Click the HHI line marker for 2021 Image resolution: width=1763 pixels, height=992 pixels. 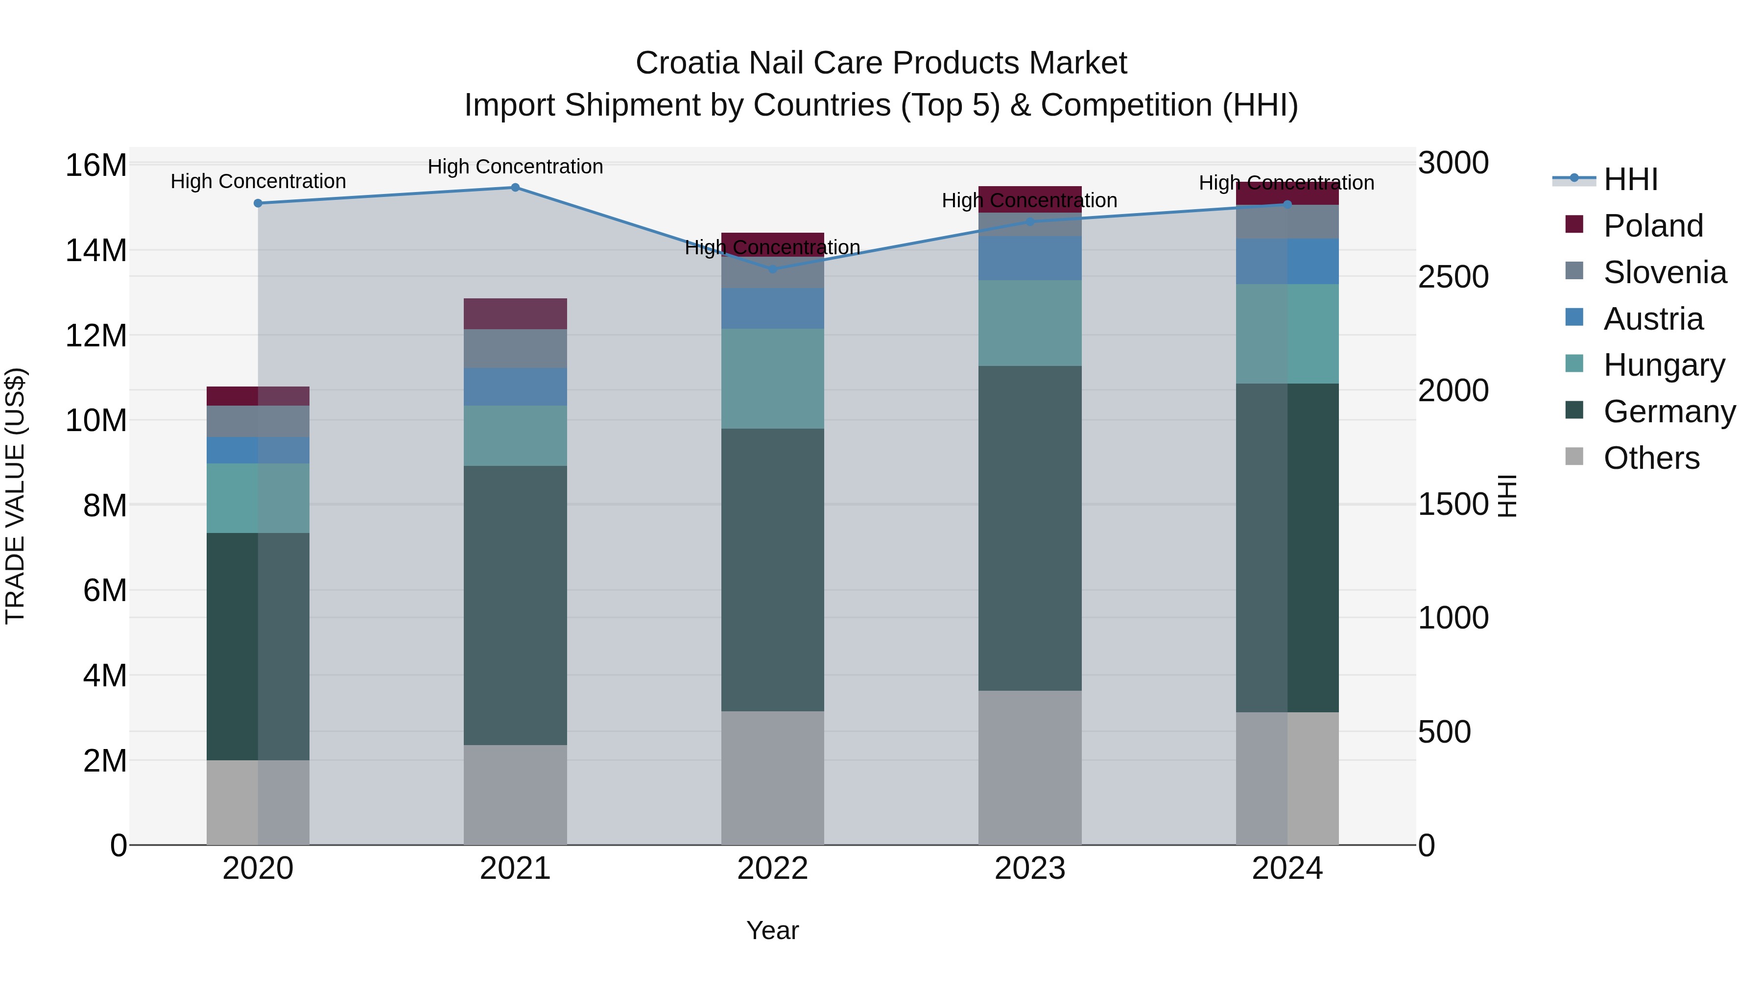pyautogui.click(x=515, y=188)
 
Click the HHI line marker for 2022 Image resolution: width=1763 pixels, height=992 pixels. pyautogui.click(x=773, y=269)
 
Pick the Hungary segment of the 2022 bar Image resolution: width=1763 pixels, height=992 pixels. pyautogui.click(x=773, y=379)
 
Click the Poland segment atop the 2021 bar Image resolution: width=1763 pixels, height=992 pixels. pyautogui.click(x=515, y=314)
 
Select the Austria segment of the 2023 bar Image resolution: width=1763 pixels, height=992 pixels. pyautogui.click(x=1029, y=258)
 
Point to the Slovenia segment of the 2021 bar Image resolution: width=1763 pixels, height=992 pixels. pyautogui.click(x=515, y=348)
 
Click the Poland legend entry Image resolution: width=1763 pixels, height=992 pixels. pyautogui.click(x=1653, y=226)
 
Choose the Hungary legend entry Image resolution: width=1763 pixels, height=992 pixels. pyautogui.click(x=1664, y=365)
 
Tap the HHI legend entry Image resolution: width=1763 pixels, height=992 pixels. pyautogui.click(x=1630, y=179)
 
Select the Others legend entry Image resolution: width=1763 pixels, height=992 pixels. pyautogui.click(x=1651, y=458)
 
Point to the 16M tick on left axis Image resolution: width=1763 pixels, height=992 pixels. pyautogui.click(x=96, y=166)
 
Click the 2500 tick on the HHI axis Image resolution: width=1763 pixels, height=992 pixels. pyautogui.click(x=1453, y=277)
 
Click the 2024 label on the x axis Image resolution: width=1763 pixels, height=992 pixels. pyautogui.click(x=1287, y=869)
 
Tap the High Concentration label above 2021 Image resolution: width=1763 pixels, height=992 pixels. pyautogui.click(x=515, y=167)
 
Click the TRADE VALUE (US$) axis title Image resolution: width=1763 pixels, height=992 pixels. pyautogui.click(x=15, y=496)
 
